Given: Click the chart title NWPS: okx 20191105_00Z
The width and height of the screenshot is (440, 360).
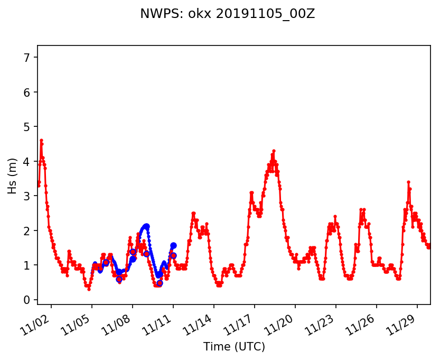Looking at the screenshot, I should [227, 14].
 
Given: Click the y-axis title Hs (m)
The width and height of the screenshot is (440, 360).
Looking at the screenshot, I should [12, 176].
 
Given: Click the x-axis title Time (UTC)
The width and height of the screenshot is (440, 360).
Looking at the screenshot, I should [234, 347].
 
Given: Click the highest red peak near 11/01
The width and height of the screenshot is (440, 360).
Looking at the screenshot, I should [41, 140].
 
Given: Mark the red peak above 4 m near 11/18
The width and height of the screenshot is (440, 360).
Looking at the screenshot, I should [274, 151].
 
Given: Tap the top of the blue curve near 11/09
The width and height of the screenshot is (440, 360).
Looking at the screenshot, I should [146, 226].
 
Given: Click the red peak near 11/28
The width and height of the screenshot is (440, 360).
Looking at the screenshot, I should [408, 182].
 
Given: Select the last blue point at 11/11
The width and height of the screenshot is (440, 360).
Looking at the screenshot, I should [173, 245].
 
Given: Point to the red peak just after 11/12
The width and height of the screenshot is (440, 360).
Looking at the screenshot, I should [193, 213].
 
